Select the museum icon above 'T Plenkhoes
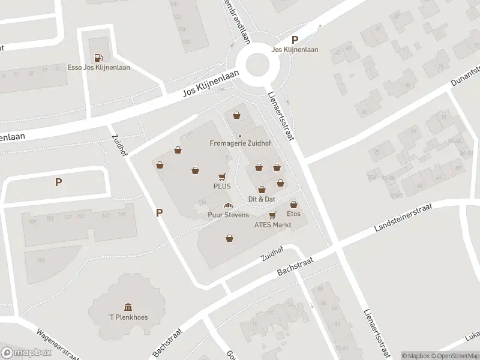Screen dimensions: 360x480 click(128, 307)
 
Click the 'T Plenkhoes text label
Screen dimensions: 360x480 click(128, 317)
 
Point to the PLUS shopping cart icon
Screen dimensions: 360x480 click(222, 177)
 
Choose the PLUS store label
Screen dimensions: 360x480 click(222, 186)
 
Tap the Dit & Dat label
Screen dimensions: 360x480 click(262, 199)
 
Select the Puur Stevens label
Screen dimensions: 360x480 click(228, 215)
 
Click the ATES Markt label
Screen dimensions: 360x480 click(272, 224)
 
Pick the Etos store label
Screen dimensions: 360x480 click(293, 214)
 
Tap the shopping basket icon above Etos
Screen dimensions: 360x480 click(293, 204)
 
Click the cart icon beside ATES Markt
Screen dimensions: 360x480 click(272, 215)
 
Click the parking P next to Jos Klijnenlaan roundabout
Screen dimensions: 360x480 click(295, 39)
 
